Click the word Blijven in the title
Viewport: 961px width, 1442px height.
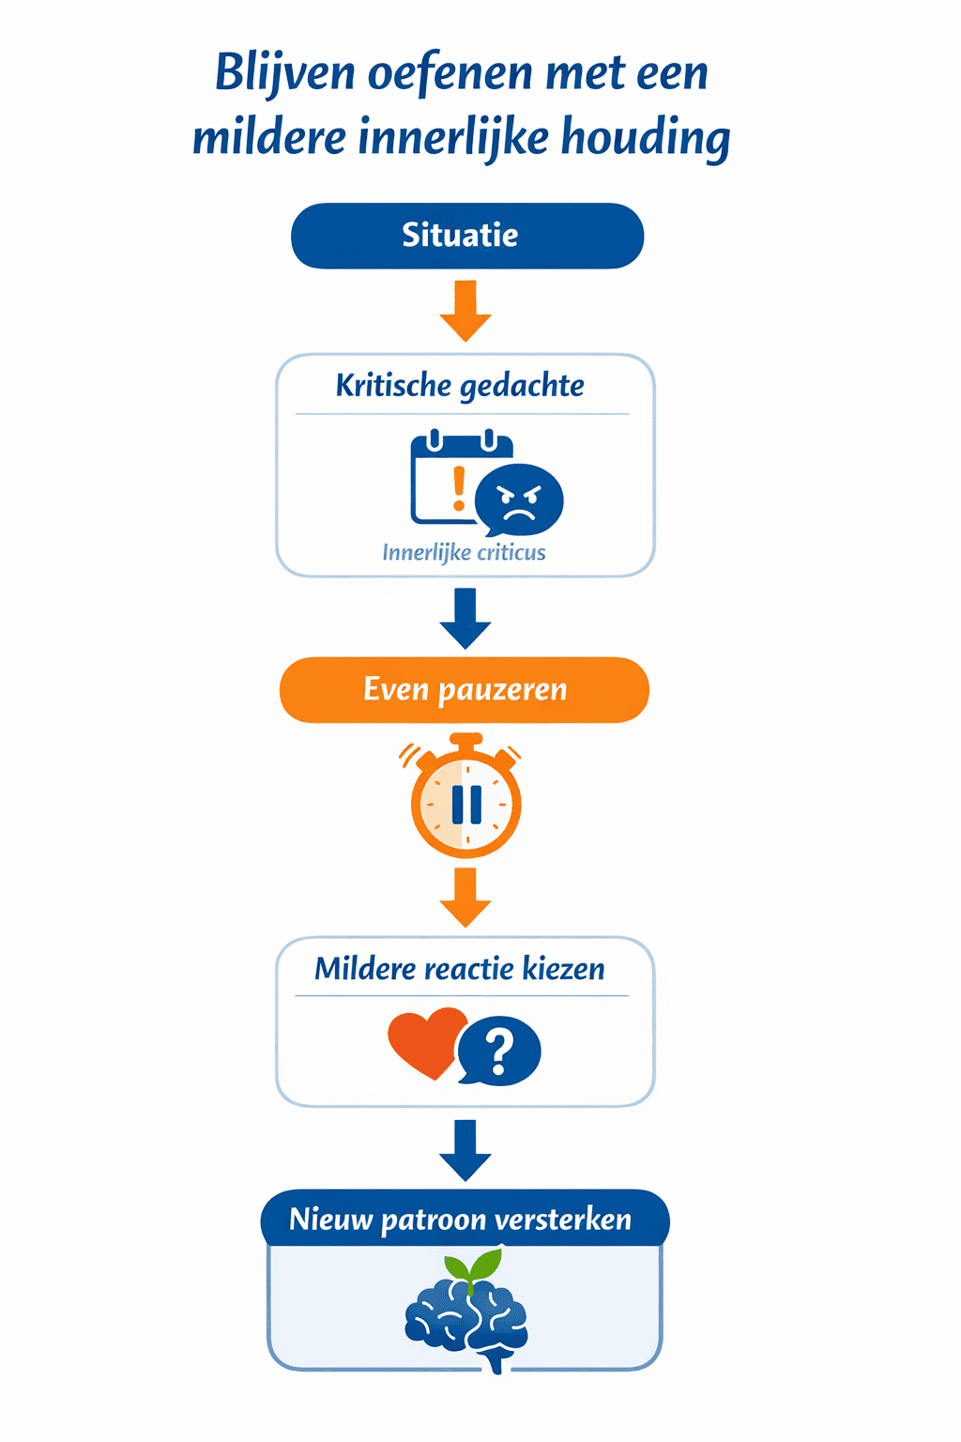284,73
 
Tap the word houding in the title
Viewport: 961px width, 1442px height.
646,138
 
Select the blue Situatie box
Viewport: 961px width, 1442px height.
467,236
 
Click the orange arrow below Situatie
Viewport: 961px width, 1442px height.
465,311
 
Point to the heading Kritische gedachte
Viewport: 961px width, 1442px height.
460,386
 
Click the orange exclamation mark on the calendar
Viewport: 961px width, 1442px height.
458,487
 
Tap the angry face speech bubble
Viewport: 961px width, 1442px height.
519,499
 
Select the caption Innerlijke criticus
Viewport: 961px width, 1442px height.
465,553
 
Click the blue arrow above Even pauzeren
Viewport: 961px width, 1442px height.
465,618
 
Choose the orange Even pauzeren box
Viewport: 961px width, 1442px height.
465,689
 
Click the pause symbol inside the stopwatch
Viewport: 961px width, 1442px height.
466,805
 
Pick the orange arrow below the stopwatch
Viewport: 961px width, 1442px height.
465,897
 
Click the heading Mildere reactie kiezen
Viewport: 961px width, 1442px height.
460,969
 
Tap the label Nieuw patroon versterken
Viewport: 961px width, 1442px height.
460,1220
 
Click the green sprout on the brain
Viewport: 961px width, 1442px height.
472,1269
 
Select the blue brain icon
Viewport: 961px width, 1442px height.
466,1323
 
